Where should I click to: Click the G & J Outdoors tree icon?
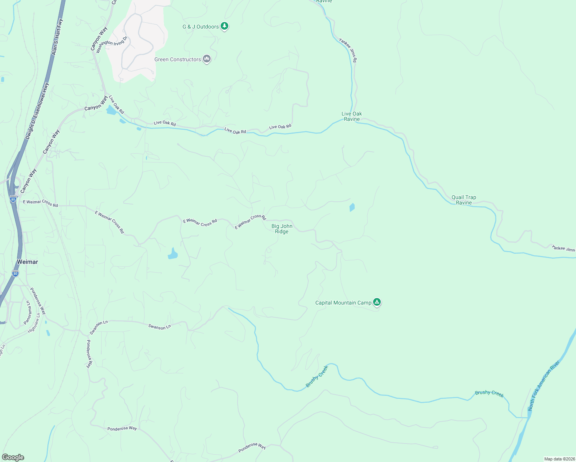pyautogui.click(x=225, y=27)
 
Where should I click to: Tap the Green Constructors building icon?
pyautogui.click(x=207, y=59)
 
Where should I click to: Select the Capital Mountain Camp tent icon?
pyautogui.click(x=377, y=302)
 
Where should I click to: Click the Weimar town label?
pyautogui.click(x=27, y=262)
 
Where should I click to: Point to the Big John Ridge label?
pyautogui.click(x=282, y=229)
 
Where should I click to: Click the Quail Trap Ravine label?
pyautogui.click(x=464, y=200)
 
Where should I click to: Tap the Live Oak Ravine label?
pyautogui.click(x=352, y=116)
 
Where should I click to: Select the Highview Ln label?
pyautogui.click(x=34, y=323)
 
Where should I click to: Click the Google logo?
pyautogui.click(x=13, y=457)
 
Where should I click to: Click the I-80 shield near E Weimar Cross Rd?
pyautogui.click(x=13, y=199)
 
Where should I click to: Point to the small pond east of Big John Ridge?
pyautogui.click(x=352, y=208)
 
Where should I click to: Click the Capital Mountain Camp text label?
pyautogui.click(x=343, y=303)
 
